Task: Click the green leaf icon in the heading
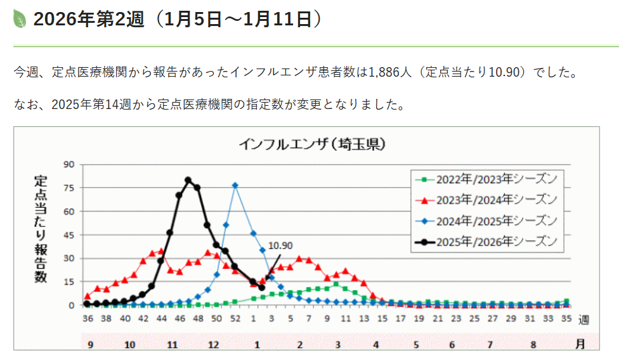pos(20,19)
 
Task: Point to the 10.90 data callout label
pos(280,245)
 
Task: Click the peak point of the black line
pos(188,180)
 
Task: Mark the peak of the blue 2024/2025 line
pos(235,185)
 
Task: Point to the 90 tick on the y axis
pos(69,165)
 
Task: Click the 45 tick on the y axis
pos(69,235)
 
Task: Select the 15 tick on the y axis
pos(69,282)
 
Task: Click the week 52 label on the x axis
pos(235,318)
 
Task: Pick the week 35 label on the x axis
pos(566,318)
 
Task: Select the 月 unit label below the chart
pos(580,345)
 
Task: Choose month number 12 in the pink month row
pos(214,345)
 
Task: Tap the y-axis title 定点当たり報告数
pos(40,229)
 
